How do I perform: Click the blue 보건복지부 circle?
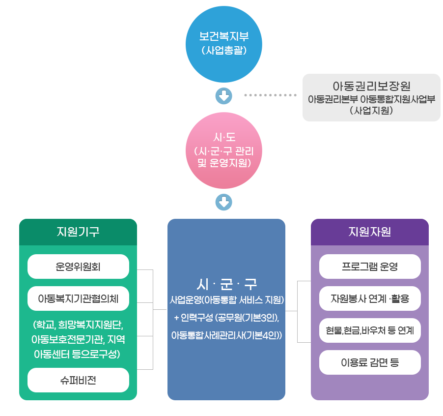click(x=224, y=44)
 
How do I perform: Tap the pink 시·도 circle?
click(x=224, y=150)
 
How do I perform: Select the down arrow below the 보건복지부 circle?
click(x=224, y=95)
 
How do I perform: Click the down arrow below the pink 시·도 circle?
click(x=224, y=202)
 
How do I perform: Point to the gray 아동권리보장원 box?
click(x=371, y=97)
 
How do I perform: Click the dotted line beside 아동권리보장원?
click(x=271, y=94)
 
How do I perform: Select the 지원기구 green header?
click(x=78, y=232)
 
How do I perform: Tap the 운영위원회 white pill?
click(x=78, y=267)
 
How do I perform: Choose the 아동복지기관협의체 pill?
click(x=78, y=298)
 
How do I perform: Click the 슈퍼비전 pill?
click(x=78, y=380)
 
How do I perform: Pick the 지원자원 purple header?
click(x=369, y=232)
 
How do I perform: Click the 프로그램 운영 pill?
click(x=370, y=267)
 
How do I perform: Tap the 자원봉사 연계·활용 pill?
click(x=370, y=298)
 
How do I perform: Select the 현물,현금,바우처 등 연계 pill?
click(x=370, y=330)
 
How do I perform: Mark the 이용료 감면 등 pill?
click(x=370, y=363)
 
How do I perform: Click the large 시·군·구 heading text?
click(x=226, y=284)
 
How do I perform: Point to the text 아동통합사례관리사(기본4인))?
click(x=226, y=335)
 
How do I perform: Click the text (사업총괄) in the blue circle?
click(x=224, y=50)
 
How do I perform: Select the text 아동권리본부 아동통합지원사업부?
click(x=371, y=99)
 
